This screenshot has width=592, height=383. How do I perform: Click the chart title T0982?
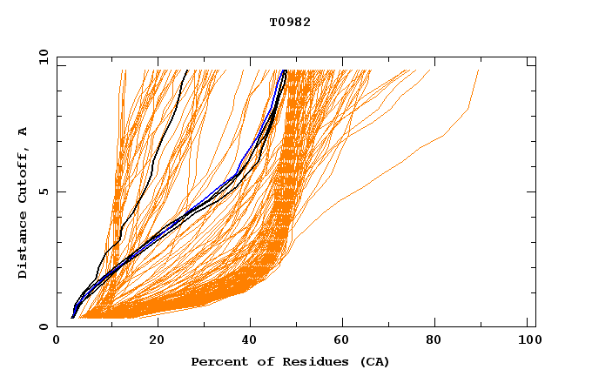[x=290, y=23]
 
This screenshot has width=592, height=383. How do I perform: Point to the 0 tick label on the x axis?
[x=57, y=341]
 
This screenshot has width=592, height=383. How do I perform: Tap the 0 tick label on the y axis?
[x=43, y=326]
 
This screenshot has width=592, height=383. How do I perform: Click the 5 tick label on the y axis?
[x=43, y=191]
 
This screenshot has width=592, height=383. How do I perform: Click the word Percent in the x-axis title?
[x=215, y=361]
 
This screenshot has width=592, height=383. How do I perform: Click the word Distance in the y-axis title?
[x=24, y=247]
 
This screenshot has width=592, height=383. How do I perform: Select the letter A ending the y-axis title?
[x=24, y=131]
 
